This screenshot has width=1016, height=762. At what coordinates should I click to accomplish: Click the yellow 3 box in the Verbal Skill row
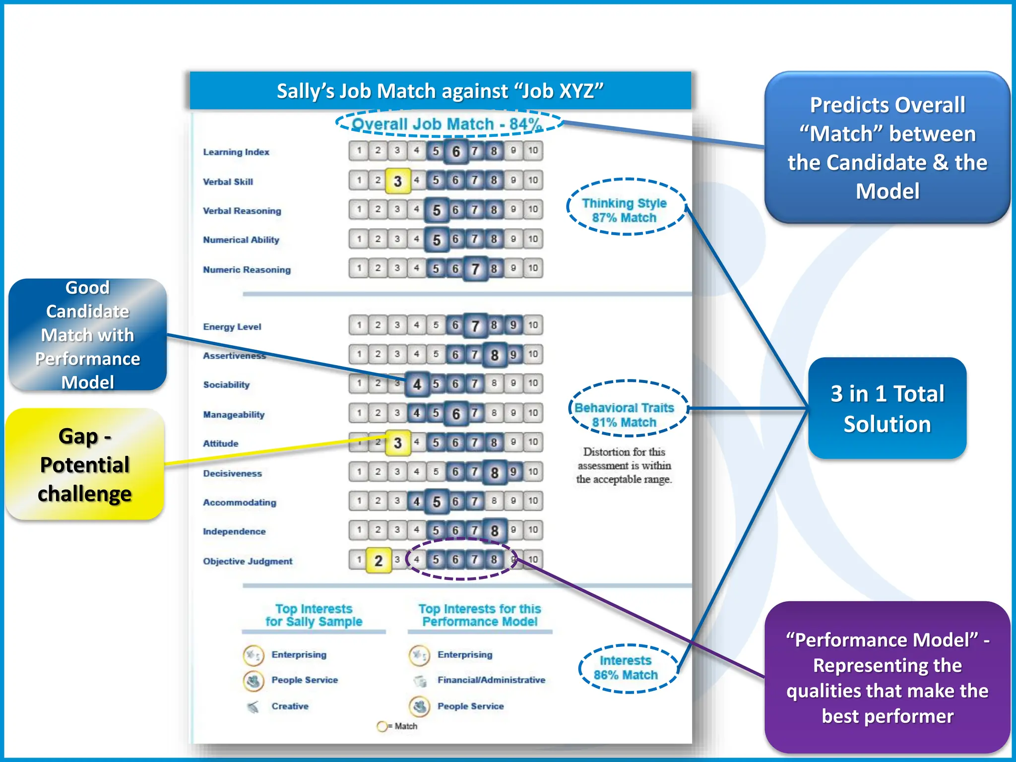pyautogui.click(x=397, y=181)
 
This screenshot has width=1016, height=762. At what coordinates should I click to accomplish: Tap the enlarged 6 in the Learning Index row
pyautogui.click(x=456, y=151)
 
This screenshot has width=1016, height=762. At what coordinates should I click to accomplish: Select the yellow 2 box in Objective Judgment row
pyautogui.click(x=378, y=561)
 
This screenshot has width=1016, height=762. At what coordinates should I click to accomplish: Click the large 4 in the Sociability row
pyautogui.click(x=417, y=384)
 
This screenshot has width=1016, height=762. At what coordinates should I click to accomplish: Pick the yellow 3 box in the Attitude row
pyautogui.click(x=397, y=443)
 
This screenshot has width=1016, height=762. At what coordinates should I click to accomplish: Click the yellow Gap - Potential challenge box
pyautogui.click(x=84, y=465)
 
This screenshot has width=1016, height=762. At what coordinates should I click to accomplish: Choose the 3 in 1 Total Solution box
pyautogui.click(x=887, y=409)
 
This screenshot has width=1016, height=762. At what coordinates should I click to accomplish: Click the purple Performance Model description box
pyautogui.click(x=887, y=678)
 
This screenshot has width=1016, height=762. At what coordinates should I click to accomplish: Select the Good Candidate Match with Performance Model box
pyautogui.click(x=87, y=335)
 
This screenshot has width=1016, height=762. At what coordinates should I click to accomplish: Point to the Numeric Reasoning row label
pyautogui.click(x=247, y=270)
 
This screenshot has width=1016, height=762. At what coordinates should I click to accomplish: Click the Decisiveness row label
pyautogui.click(x=232, y=473)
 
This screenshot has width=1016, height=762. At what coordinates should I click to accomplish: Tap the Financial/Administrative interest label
pyautogui.click(x=491, y=680)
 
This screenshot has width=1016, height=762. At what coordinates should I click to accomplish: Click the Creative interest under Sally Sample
pyautogui.click(x=290, y=706)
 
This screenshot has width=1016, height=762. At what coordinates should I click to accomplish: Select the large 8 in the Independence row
pyautogui.click(x=494, y=531)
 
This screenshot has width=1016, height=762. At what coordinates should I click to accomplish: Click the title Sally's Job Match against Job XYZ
pyautogui.click(x=440, y=91)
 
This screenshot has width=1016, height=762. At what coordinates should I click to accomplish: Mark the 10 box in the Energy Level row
pyautogui.click(x=533, y=325)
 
